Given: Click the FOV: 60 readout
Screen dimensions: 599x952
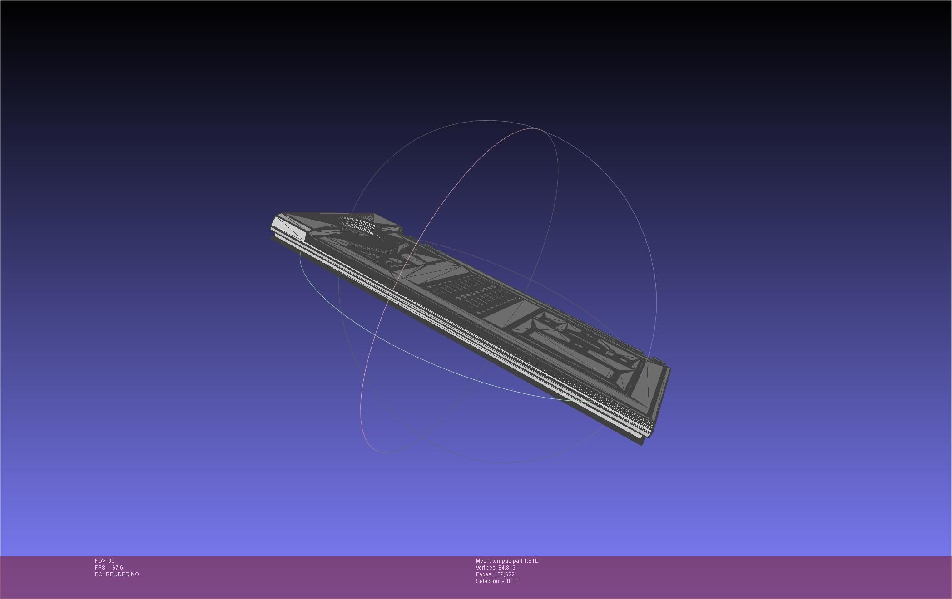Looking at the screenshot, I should (x=104, y=561).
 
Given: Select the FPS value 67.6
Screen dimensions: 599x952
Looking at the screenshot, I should (x=117, y=568).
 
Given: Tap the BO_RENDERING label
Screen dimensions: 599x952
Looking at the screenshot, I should (x=117, y=574).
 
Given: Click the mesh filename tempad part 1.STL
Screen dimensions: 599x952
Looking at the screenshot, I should (x=515, y=561).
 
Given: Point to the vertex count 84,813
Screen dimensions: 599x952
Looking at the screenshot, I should (x=506, y=568).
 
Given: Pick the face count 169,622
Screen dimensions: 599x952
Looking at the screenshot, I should (x=504, y=574).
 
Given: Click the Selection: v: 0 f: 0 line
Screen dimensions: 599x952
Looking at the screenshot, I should (x=497, y=581).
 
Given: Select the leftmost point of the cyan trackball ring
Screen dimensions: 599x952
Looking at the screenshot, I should (x=300, y=259).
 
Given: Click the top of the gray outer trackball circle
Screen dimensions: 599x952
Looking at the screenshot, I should (x=491, y=120).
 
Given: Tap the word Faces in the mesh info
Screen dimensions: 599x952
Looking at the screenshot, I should (x=484, y=574).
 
